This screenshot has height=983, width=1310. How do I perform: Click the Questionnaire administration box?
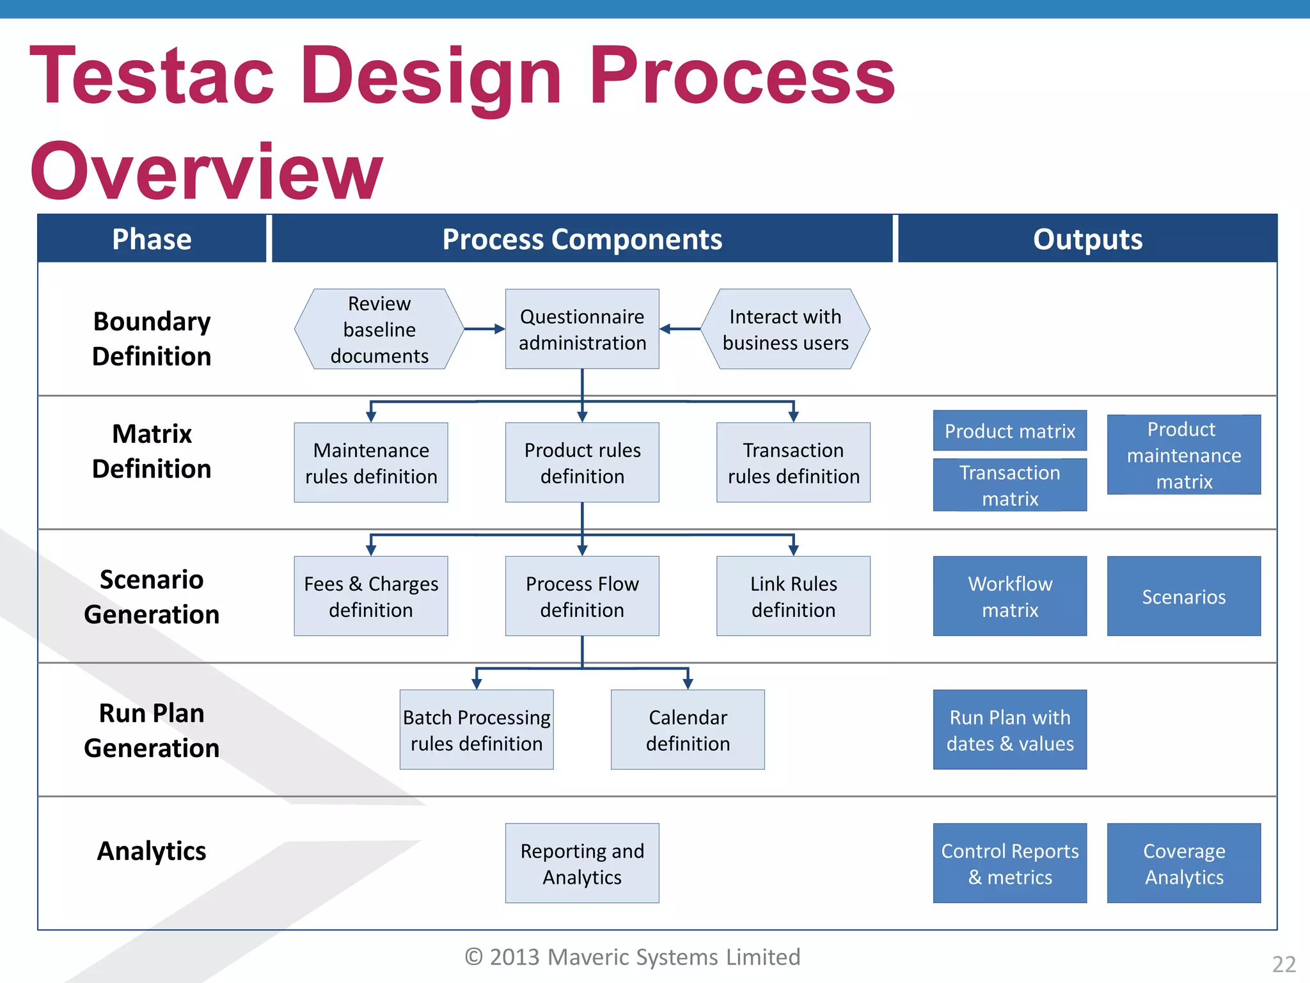pyautogui.click(x=582, y=329)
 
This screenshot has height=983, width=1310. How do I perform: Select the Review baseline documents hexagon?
pyautogui.click(x=379, y=329)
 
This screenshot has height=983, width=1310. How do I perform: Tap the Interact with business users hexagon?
pyautogui.click(x=785, y=329)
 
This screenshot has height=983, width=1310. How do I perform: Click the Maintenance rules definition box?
pyautogui.click(x=371, y=463)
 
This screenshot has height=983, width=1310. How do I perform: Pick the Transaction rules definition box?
pyautogui.click(x=793, y=463)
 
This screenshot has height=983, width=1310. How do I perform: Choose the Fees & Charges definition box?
pyautogui.click(x=371, y=596)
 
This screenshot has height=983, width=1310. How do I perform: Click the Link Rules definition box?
pyautogui.click(x=793, y=596)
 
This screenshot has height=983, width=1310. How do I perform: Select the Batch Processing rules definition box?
pyautogui.click(x=477, y=730)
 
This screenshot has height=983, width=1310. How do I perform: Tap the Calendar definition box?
pyautogui.click(x=688, y=730)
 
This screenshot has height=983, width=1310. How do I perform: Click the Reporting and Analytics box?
pyautogui.click(x=582, y=863)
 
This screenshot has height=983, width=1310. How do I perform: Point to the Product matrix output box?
pyautogui.click(x=1010, y=431)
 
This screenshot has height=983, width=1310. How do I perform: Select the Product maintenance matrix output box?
pyautogui.click(x=1184, y=455)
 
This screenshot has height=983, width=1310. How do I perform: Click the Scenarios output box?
pyautogui.click(x=1184, y=596)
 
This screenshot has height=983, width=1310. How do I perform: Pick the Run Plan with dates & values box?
pyautogui.click(x=1010, y=730)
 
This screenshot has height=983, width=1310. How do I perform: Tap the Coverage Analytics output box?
pyautogui.click(x=1184, y=863)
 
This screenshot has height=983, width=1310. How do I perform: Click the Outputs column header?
pyautogui.click(x=1087, y=239)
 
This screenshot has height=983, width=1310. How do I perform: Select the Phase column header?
pyautogui.click(x=152, y=239)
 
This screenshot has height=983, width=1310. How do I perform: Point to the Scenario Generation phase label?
pyautogui.click(x=152, y=596)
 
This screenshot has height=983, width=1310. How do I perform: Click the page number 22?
pyautogui.click(x=1284, y=964)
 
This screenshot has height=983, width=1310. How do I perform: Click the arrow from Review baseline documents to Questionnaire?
pyautogui.click(x=484, y=329)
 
